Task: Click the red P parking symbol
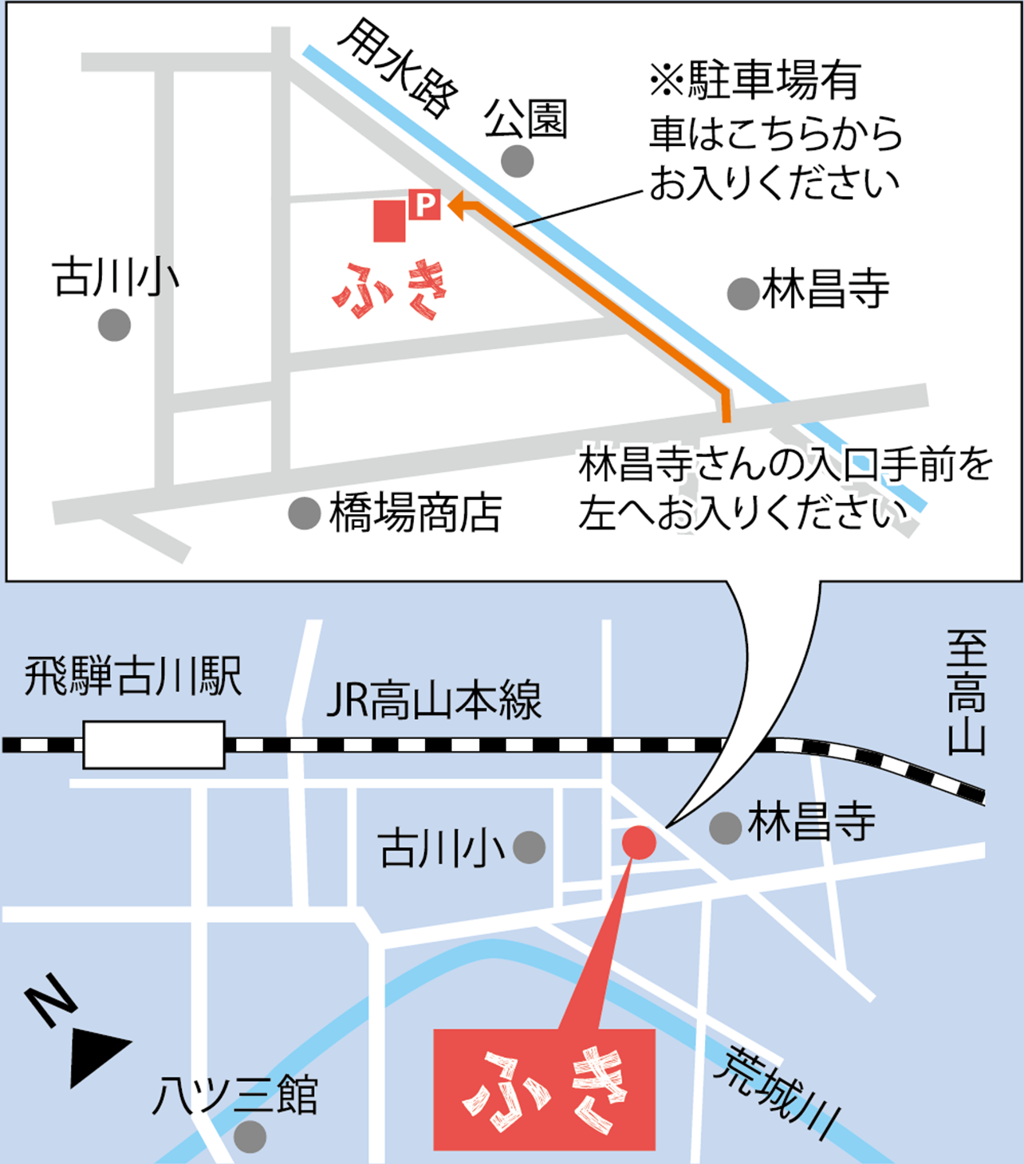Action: coord(425,205)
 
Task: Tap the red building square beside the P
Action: coord(390,221)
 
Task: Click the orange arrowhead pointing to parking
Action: coord(457,207)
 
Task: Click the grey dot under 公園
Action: coord(518,161)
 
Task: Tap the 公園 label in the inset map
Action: coord(526,120)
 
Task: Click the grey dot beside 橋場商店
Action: coord(304,513)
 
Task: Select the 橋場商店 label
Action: coord(416,513)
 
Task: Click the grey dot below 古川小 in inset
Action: coord(115,325)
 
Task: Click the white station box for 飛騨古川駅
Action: coord(154,745)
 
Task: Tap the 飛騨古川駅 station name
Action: coord(132,678)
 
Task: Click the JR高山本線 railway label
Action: coord(434,700)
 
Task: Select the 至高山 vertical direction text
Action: coord(967,692)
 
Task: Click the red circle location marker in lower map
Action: coord(638,842)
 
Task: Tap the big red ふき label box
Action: coord(544,1089)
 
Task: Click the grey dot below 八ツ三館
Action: coord(250,1136)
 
